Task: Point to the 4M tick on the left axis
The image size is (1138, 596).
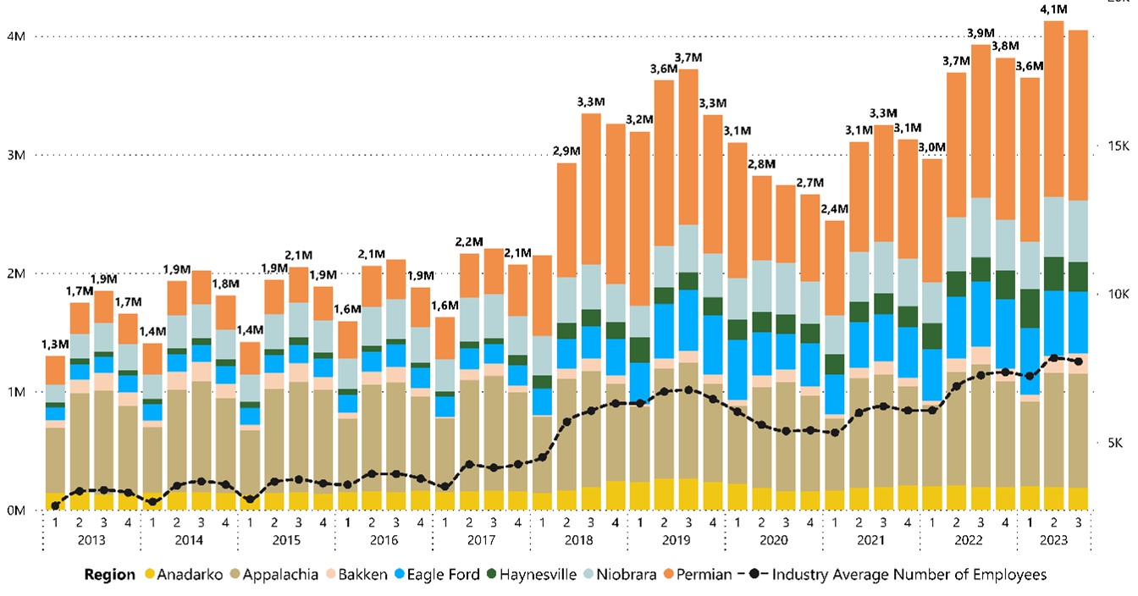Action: point(16,36)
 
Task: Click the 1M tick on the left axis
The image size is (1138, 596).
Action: point(16,392)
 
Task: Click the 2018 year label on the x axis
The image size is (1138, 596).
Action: point(579,539)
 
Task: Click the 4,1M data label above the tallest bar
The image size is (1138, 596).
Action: point(1053,9)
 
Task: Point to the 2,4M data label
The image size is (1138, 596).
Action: point(834,209)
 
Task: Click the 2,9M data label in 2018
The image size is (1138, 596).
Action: point(566,151)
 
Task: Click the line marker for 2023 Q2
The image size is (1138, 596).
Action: point(1053,358)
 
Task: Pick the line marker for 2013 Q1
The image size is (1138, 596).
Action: point(55,505)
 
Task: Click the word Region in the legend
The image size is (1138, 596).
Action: point(109,575)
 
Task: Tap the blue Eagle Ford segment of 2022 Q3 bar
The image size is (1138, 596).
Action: point(981,313)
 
